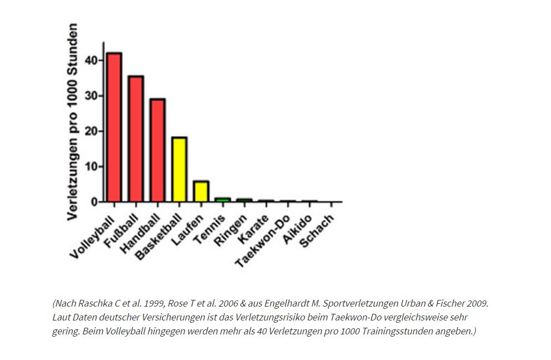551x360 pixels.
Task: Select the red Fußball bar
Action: tap(136, 139)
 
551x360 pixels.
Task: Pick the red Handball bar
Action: tap(158, 150)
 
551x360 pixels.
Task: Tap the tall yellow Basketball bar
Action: tap(179, 169)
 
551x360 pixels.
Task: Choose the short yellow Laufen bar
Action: tap(201, 191)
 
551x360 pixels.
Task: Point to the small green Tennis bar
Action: tap(223, 199)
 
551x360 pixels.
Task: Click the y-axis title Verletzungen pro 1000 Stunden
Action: tap(72, 122)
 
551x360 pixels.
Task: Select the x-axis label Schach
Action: tap(317, 231)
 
